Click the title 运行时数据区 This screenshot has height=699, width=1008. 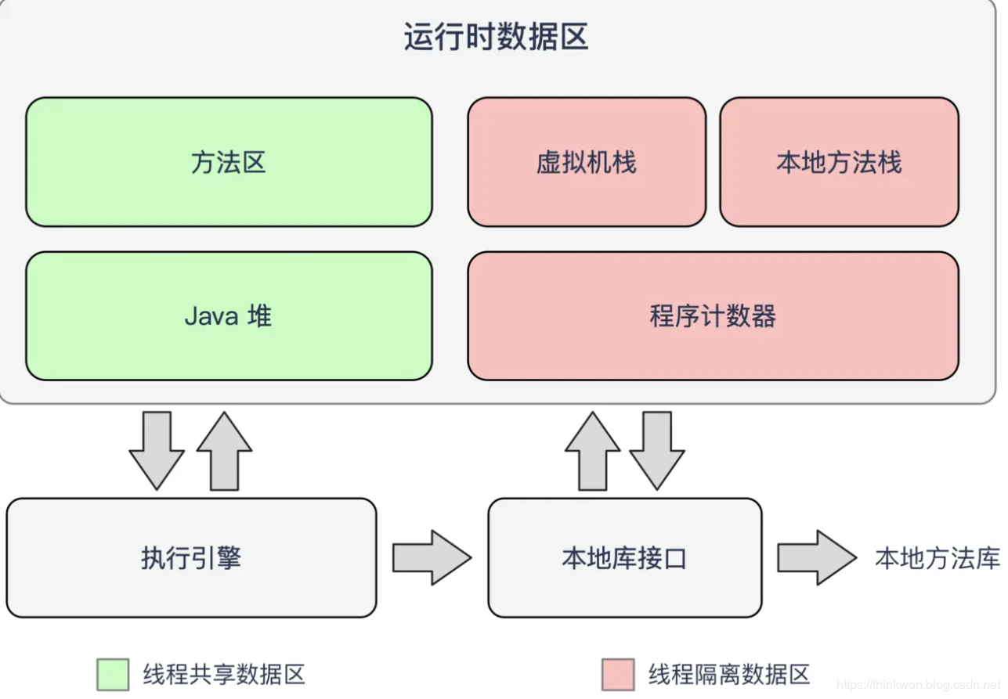(496, 38)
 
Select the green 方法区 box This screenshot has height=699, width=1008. (229, 162)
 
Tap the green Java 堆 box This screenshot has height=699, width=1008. (229, 316)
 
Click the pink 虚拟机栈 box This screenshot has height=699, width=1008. (587, 162)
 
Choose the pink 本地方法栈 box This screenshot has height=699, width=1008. (839, 162)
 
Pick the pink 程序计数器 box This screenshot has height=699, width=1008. (713, 316)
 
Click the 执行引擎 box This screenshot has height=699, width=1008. (191, 558)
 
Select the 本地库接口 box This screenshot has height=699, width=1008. (624, 558)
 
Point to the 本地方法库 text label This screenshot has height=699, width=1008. (938, 558)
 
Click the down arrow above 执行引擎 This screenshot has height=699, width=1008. (157, 451)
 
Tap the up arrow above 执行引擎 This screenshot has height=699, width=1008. (224, 451)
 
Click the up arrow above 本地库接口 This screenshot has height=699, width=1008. (592, 451)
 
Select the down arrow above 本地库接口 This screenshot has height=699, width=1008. (657, 451)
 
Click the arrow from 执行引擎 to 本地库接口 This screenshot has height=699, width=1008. (432, 557)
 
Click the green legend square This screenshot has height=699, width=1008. (113, 674)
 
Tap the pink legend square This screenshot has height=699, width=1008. (618, 674)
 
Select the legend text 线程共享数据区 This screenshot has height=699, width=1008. (224, 674)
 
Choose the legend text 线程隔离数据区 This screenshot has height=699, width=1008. (729, 674)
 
